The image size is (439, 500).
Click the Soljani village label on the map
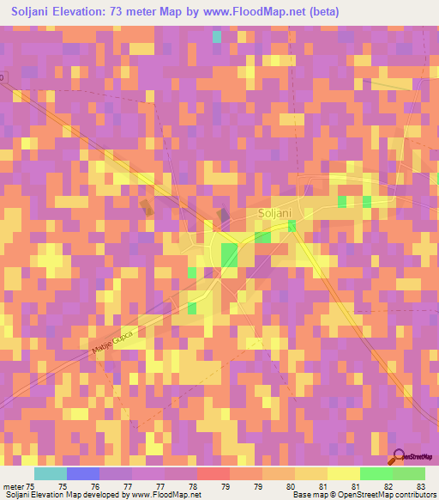click(x=277, y=212)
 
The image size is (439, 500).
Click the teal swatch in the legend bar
click(x=50, y=473)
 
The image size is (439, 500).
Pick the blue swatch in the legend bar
click(x=82, y=473)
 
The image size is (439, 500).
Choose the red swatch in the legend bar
click(x=213, y=473)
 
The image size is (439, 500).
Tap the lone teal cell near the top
click(x=217, y=37)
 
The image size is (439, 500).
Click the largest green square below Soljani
click(x=230, y=255)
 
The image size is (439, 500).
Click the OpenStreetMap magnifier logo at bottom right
click(x=397, y=457)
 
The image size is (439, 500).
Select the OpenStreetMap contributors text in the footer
click(x=388, y=495)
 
